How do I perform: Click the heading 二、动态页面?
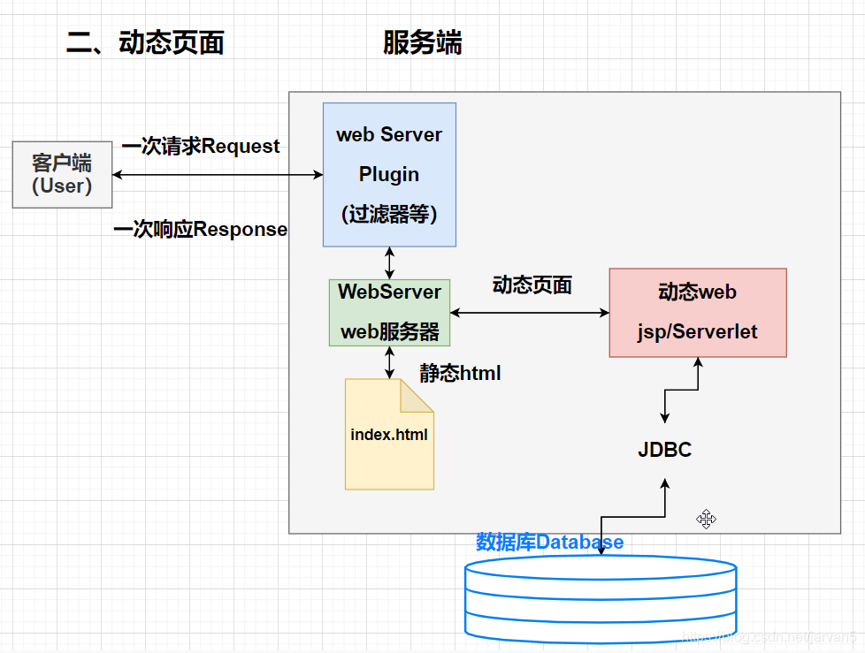(145, 42)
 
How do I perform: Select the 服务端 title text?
(422, 42)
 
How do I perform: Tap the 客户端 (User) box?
(62, 174)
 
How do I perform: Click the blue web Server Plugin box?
(389, 174)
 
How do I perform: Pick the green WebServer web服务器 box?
(389, 312)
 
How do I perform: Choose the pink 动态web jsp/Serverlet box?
(697, 312)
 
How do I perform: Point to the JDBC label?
(664, 450)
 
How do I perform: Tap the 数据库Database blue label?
(549, 542)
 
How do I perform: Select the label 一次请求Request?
(201, 146)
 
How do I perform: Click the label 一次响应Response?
(201, 230)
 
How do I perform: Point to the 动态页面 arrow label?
(532, 285)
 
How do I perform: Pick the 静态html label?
(460, 374)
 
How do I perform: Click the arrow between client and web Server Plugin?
(217, 175)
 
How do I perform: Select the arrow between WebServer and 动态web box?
(530, 312)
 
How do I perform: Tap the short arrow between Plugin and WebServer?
(389, 262)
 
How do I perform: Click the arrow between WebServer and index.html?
(389, 362)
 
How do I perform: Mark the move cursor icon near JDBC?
(706, 519)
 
